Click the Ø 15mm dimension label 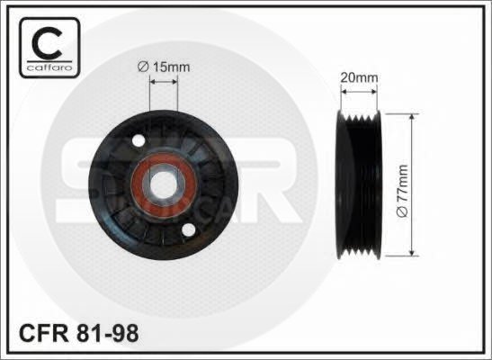(x=164, y=67)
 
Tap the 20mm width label (x=359, y=77)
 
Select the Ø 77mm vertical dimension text (x=402, y=191)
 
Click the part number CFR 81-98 (x=79, y=333)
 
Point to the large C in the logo (x=47, y=42)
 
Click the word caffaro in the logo (x=49, y=67)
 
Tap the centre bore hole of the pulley (x=163, y=184)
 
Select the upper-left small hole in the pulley (x=139, y=140)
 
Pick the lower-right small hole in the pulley (x=189, y=230)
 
